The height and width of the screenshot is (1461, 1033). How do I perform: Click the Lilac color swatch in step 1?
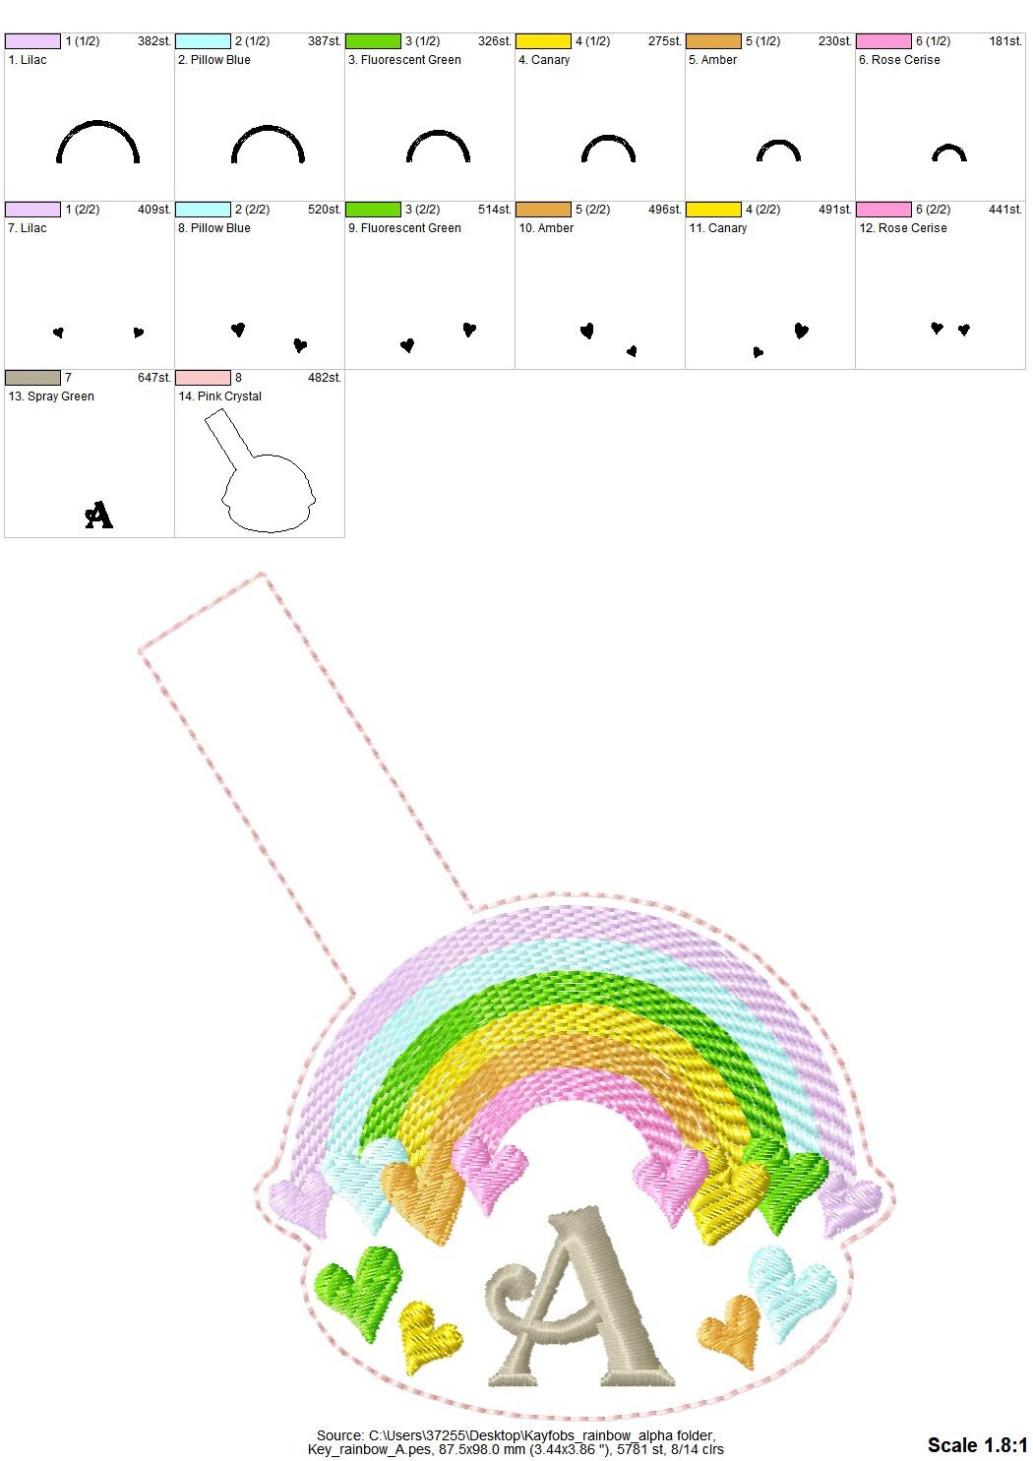(x=32, y=41)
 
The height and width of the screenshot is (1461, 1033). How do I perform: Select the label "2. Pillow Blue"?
(x=213, y=60)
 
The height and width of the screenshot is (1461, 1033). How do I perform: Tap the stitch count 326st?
(x=494, y=41)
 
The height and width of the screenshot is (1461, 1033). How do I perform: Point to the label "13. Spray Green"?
(x=51, y=396)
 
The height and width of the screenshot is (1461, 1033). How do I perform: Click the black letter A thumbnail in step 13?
(x=99, y=515)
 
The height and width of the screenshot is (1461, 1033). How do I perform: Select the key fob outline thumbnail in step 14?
(x=260, y=469)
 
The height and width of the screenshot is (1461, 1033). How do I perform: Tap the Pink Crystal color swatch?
(x=203, y=378)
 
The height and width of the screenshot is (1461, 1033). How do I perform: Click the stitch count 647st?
(x=153, y=378)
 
